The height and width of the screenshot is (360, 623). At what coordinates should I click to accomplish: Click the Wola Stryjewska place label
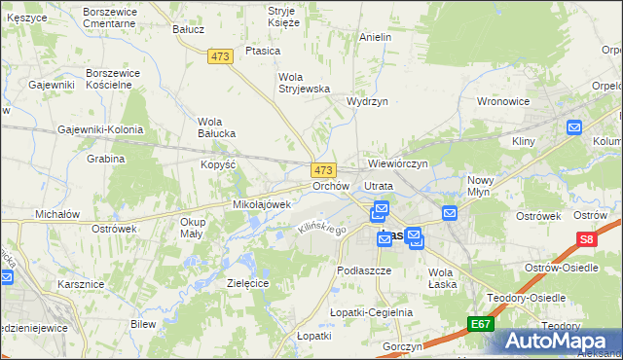[304, 83]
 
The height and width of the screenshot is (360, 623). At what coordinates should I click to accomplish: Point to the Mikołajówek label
[262, 205]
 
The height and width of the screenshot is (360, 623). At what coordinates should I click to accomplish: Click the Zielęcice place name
[247, 282]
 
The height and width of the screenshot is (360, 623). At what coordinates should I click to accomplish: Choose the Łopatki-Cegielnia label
[371, 312]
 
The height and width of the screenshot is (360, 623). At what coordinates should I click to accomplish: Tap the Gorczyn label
[402, 346]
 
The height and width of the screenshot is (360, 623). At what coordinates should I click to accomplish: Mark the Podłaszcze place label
[363, 270]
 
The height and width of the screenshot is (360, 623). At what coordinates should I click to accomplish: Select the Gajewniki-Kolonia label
[100, 129]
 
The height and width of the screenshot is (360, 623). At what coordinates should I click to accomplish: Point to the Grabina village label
[105, 159]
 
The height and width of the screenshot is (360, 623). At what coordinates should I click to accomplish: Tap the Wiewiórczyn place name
[397, 163]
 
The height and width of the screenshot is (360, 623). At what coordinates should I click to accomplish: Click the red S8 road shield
[586, 238]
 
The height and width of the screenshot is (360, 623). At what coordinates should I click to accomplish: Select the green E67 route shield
[479, 324]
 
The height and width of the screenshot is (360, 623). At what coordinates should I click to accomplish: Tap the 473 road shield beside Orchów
[324, 169]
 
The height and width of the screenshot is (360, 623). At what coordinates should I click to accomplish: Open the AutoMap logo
[558, 341]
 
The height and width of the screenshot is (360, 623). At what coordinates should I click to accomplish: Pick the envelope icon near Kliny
[573, 126]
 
